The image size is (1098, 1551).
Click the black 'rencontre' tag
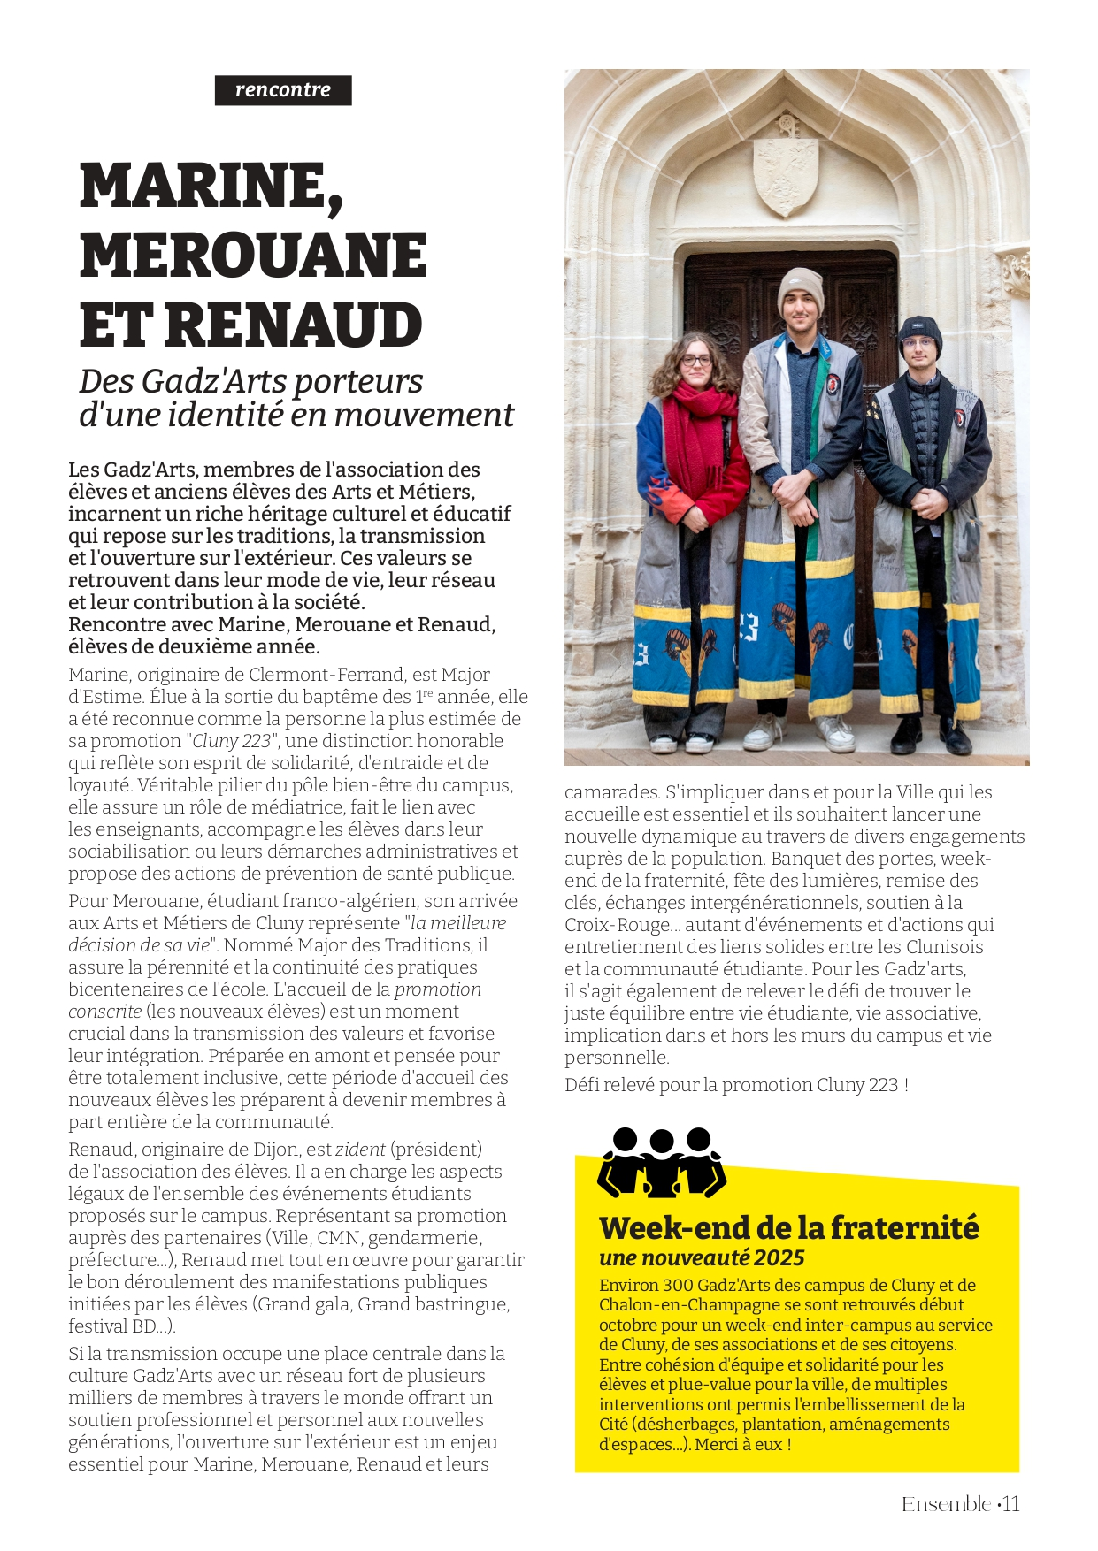point(283,90)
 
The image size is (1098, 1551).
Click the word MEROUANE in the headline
point(253,256)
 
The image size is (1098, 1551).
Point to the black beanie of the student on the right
point(920,332)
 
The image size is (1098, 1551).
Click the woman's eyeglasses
point(696,360)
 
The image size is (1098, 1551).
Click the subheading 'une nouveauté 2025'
point(702,1258)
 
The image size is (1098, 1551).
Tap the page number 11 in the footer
point(1011,1504)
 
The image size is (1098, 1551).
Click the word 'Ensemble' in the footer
point(946,1504)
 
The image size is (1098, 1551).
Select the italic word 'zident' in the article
point(360,1150)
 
